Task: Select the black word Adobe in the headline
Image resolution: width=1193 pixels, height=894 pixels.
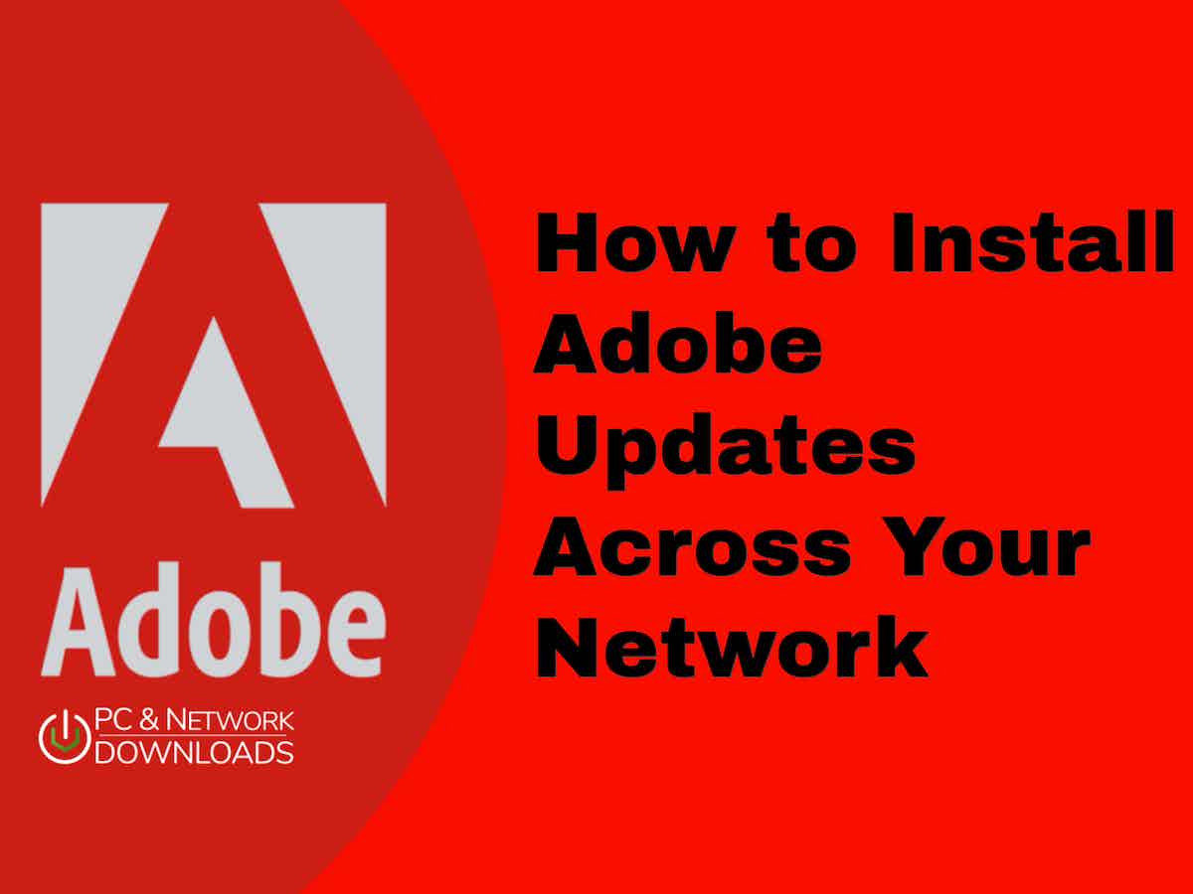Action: (x=678, y=341)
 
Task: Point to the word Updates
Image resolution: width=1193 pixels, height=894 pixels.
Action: (x=724, y=447)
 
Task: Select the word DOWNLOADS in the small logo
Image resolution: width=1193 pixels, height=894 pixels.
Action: (x=195, y=752)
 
